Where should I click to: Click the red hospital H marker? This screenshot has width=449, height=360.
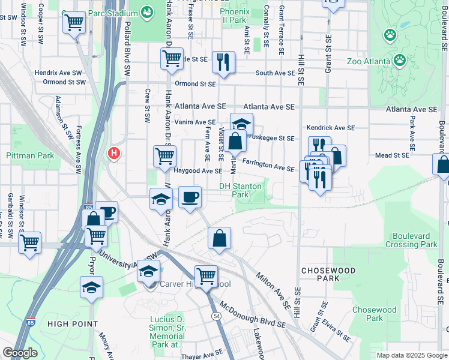pyautogui.click(x=113, y=154)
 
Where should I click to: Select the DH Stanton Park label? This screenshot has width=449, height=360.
pyautogui.click(x=240, y=190)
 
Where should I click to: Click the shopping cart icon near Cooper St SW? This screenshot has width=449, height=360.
pyautogui.click(x=73, y=23)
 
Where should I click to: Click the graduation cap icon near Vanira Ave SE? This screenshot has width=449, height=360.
pyautogui.click(x=241, y=124)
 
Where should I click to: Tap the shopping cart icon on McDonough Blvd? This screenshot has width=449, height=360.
pyautogui.click(x=206, y=276)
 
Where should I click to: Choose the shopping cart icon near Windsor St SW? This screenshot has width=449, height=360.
pyautogui.click(x=29, y=242)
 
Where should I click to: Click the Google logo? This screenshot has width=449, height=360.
pyautogui.click(x=20, y=352)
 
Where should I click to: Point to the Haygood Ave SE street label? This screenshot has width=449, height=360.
pyautogui.click(x=198, y=171)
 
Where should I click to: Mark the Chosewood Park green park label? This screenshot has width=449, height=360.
pyautogui.click(x=375, y=314)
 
